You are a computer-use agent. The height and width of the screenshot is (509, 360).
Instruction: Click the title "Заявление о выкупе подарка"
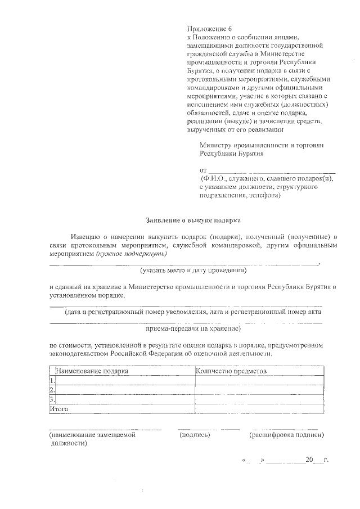click(x=193, y=220)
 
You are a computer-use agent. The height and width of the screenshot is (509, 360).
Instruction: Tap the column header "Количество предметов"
click(x=231, y=371)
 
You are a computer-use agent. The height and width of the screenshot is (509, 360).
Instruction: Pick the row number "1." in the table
click(x=52, y=381)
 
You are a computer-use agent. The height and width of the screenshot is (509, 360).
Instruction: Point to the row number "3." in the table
click(x=52, y=400)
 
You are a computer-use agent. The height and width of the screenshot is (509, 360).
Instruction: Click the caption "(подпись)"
click(x=195, y=435)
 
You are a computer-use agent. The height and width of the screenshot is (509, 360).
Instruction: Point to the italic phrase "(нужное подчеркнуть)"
click(x=128, y=254)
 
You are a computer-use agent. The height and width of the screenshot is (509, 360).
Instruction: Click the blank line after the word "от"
click(x=272, y=170)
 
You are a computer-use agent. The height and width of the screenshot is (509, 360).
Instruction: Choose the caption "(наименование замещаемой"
click(x=92, y=435)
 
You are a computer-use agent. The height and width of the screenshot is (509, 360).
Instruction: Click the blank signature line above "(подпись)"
click(x=200, y=429)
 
